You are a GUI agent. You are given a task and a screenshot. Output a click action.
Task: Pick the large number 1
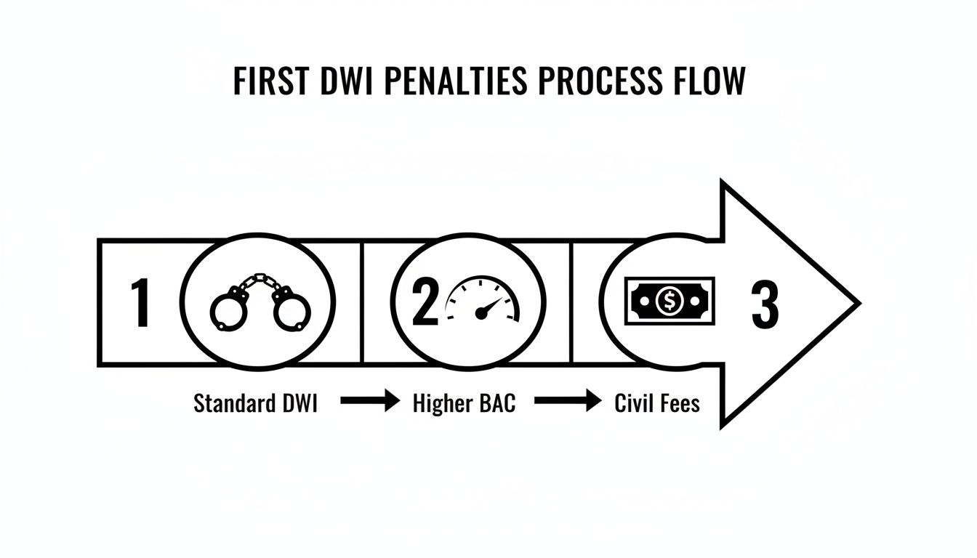click(x=140, y=304)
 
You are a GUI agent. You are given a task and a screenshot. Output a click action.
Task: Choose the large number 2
click(x=425, y=304)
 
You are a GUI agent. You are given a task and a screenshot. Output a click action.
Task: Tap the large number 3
click(x=764, y=304)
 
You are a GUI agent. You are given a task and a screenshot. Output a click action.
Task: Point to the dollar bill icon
click(x=669, y=301)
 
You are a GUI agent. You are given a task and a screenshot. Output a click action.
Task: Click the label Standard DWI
click(x=255, y=403)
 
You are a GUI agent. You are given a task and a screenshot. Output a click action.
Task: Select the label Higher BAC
click(x=464, y=403)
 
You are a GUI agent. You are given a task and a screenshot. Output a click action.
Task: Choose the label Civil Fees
click(x=656, y=403)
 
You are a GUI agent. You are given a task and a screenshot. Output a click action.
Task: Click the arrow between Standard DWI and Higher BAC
click(x=369, y=400)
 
